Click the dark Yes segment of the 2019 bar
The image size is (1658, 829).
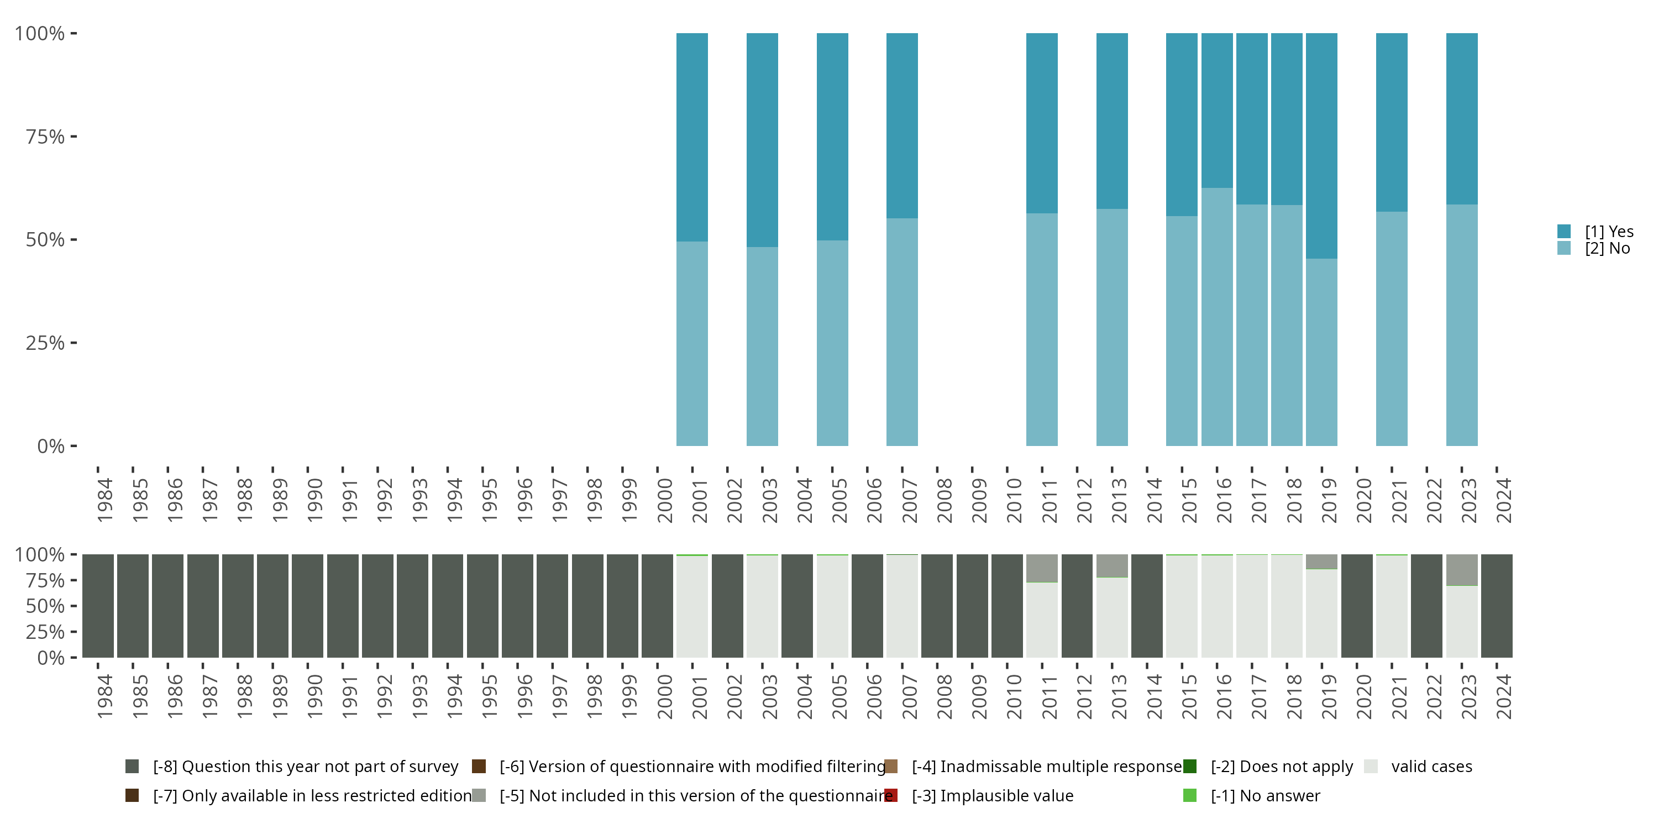(x=1321, y=145)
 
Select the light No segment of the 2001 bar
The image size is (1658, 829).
(x=692, y=344)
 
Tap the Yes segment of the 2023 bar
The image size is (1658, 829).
(x=1462, y=118)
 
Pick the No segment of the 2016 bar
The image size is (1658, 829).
(x=1217, y=317)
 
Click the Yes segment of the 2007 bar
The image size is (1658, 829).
(x=902, y=125)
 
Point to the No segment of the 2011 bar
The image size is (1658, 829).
(x=1041, y=329)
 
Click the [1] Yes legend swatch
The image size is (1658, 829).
(x=1564, y=231)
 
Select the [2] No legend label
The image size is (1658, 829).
(x=1607, y=249)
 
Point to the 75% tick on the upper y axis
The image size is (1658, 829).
(x=74, y=137)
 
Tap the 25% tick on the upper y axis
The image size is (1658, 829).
(x=74, y=343)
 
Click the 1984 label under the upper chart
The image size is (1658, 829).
(x=104, y=500)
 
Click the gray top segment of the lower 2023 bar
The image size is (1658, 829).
(x=1462, y=570)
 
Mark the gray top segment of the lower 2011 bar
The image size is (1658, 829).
(x=1041, y=568)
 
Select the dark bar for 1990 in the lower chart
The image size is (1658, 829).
(x=308, y=606)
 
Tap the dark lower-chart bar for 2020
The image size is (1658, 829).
(x=1357, y=606)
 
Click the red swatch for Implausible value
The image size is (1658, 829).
(x=891, y=795)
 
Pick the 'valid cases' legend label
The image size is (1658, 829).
(x=1431, y=767)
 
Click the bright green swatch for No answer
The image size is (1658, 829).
(x=1189, y=795)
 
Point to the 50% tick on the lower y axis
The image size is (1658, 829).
(x=74, y=606)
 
